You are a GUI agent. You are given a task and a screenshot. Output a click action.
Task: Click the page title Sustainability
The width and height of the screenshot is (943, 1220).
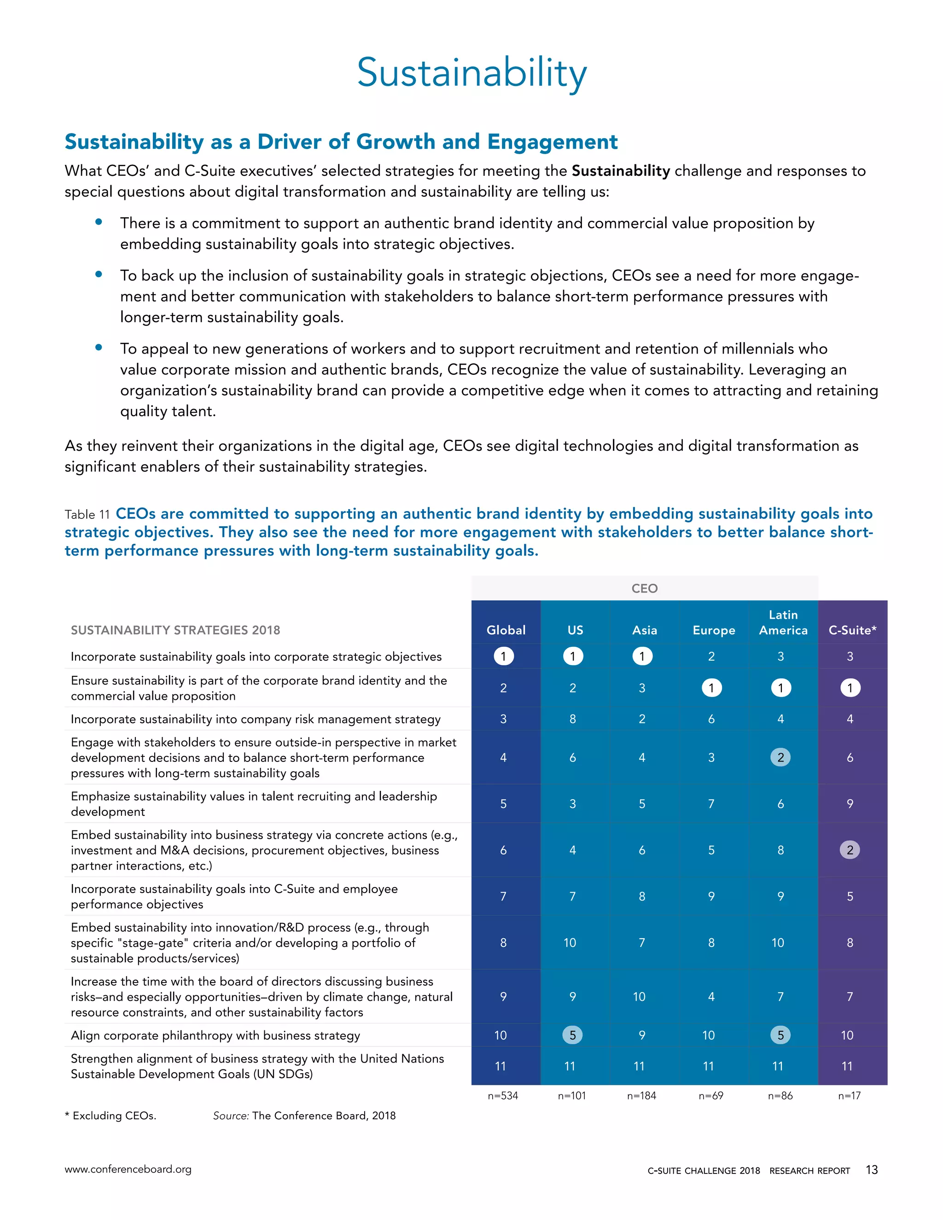pyautogui.click(x=471, y=73)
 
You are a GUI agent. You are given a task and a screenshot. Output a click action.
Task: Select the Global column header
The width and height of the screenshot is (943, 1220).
pyautogui.click(x=506, y=630)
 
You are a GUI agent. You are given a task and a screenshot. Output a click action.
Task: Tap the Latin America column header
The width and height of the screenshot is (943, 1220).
pyautogui.click(x=783, y=623)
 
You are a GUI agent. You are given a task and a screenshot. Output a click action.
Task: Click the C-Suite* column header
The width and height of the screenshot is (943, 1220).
pyautogui.click(x=852, y=630)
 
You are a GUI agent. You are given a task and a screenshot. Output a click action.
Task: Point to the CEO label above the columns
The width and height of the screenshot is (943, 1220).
pyautogui.click(x=644, y=589)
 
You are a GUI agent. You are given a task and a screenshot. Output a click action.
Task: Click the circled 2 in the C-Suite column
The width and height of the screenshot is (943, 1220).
pyautogui.click(x=850, y=850)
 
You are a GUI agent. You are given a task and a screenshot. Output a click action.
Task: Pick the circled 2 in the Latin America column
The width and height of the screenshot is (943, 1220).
pyautogui.click(x=780, y=757)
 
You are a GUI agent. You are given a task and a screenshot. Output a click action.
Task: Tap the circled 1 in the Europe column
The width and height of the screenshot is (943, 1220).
pyautogui.click(x=711, y=688)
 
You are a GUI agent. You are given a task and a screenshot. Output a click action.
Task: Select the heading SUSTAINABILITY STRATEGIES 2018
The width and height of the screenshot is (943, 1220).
pyautogui.click(x=175, y=630)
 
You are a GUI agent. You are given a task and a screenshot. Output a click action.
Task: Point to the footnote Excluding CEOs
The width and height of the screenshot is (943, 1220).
pyautogui.click(x=111, y=1115)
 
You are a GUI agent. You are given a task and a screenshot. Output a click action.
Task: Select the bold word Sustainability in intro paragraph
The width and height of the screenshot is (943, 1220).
pyautogui.click(x=620, y=171)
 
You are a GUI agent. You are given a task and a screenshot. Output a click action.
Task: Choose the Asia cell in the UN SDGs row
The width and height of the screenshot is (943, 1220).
pyautogui.click(x=639, y=1066)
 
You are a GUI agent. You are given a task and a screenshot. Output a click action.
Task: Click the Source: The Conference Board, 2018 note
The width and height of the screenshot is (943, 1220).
pyautogui.click(x=304, y=1115)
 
